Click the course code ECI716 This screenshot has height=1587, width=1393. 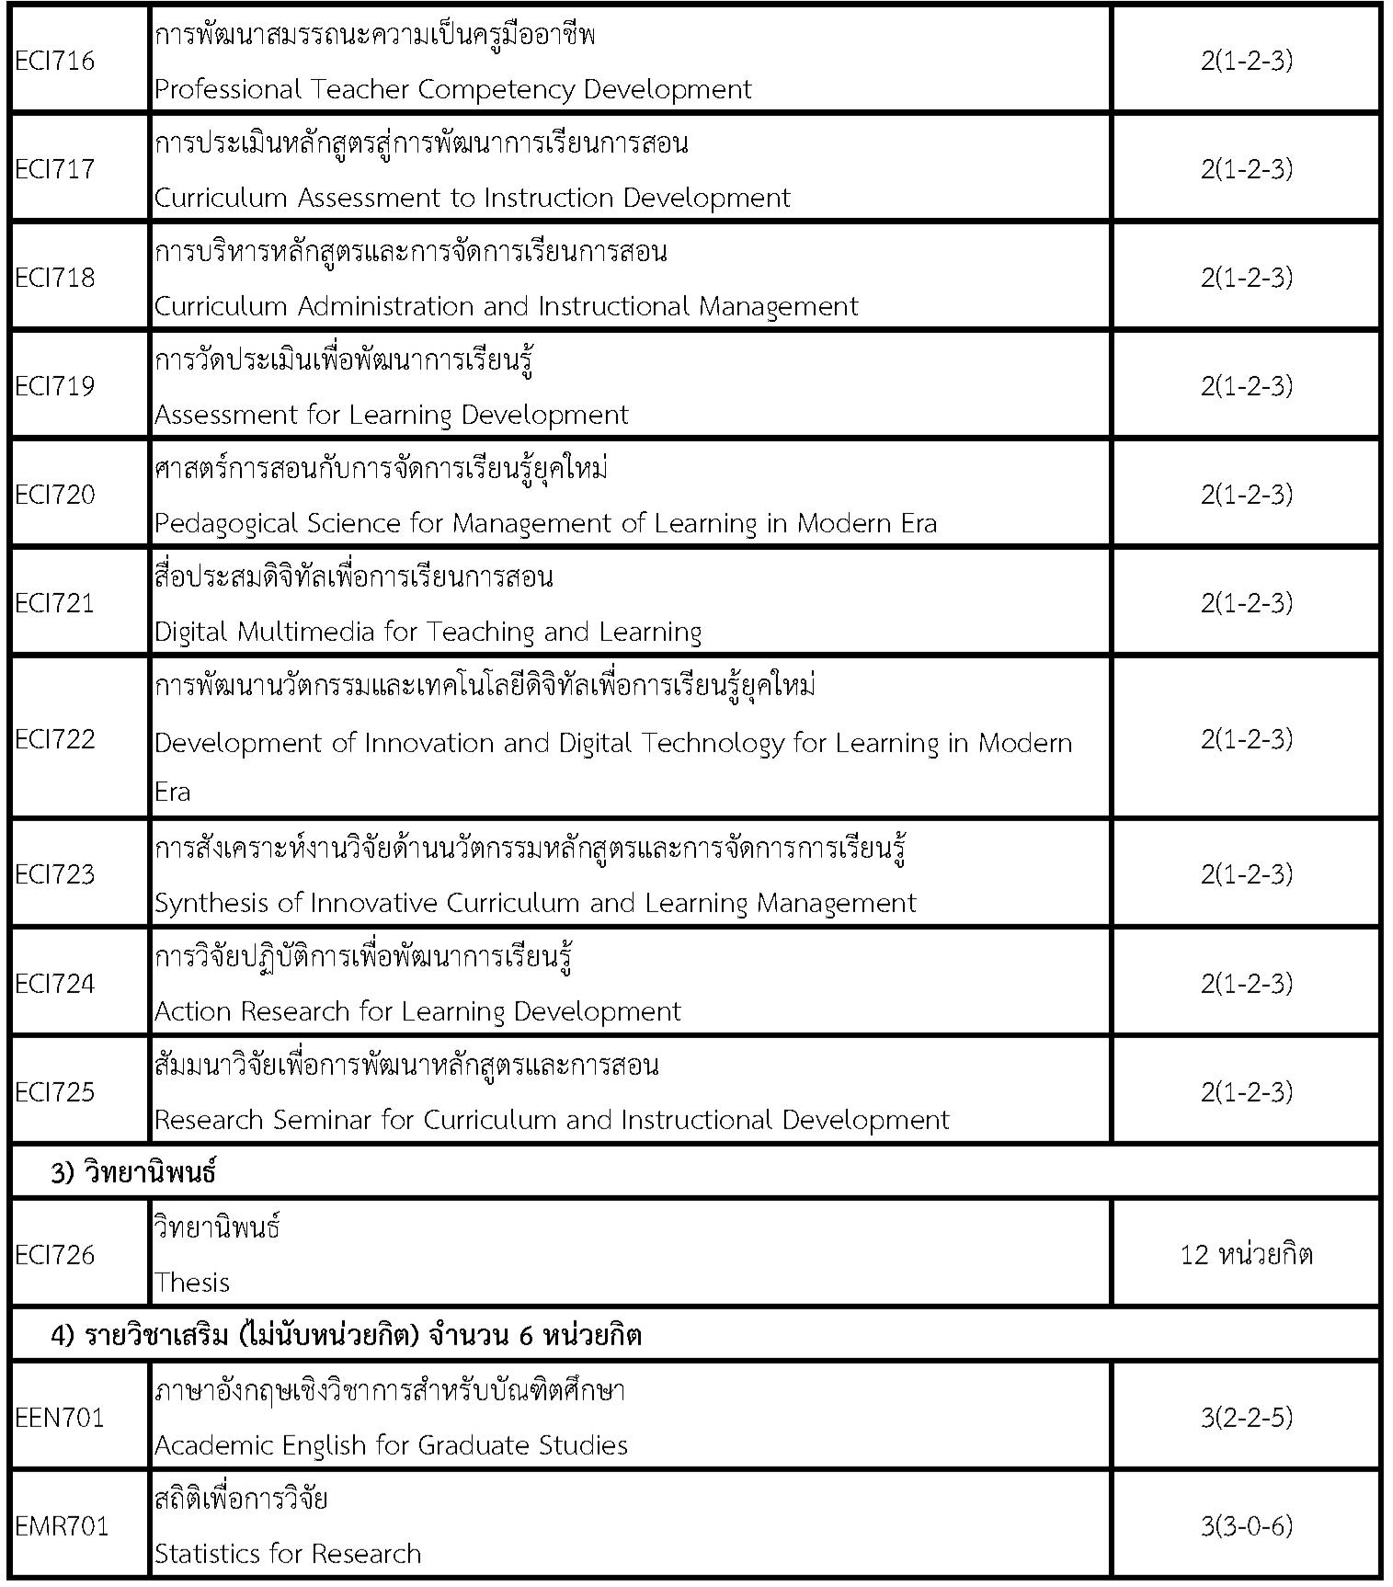point(55,62)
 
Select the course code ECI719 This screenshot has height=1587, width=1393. point(55,385)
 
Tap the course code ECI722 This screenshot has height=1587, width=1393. point(55,739)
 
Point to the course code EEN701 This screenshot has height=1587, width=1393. point(60,1417)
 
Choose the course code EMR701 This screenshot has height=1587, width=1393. point(62,1526)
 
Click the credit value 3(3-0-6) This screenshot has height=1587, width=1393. point(1246,1526)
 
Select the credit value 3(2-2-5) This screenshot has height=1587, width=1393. point(1246,1417)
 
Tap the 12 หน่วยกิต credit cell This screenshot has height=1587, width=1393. point(1246,1254)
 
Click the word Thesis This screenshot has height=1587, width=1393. point(192,1282)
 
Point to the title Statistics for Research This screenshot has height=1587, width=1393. point(288,1554)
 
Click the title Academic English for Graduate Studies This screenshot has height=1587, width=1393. point(391,1445)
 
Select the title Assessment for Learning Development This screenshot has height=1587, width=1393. point(391,415)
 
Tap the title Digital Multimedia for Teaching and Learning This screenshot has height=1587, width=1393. point(428,632)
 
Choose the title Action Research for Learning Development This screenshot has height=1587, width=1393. point(417,1011)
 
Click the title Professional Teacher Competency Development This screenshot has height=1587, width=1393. point(452,89)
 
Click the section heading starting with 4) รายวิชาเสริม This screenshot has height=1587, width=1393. point(346,1335)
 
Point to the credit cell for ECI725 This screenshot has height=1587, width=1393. point(1246,1091)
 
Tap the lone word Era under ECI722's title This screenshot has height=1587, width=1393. point(173,792)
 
